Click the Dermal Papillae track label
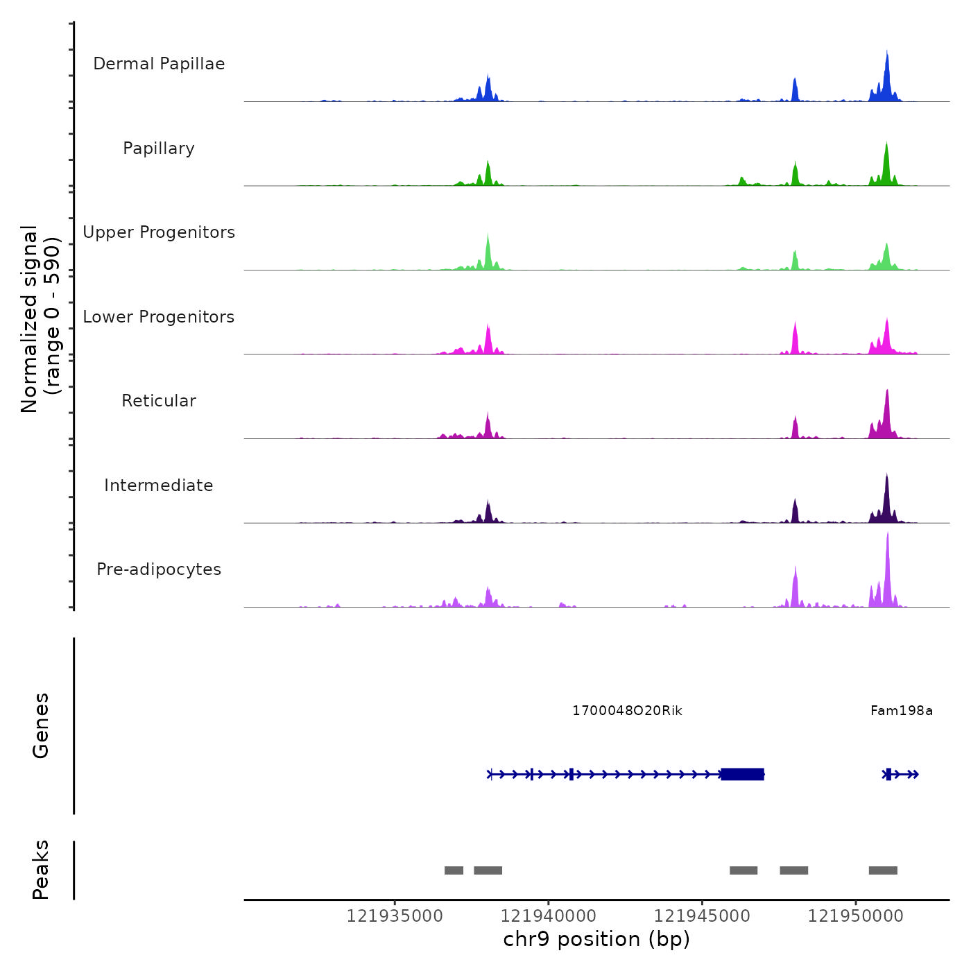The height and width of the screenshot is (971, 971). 159,64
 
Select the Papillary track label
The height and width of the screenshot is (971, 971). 159,148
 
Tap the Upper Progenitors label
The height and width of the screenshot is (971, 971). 159,232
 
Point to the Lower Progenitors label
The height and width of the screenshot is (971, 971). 159,317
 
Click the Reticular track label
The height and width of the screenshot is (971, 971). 159,401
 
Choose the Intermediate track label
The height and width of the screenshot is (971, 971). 159,486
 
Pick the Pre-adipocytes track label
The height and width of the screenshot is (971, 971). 159,569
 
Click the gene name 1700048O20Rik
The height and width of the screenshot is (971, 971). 627,711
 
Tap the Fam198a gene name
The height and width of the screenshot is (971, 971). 901,711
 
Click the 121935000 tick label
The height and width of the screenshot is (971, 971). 395,916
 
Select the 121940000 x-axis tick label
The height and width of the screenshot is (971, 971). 548,916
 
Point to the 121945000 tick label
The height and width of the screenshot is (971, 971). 702,916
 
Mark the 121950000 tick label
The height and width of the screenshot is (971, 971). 855,916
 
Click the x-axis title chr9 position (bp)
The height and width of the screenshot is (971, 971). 596,939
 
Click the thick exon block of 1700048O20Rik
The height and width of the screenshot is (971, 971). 742,774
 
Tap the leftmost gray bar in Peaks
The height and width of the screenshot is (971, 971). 454,870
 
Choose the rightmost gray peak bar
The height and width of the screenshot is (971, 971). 883,870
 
